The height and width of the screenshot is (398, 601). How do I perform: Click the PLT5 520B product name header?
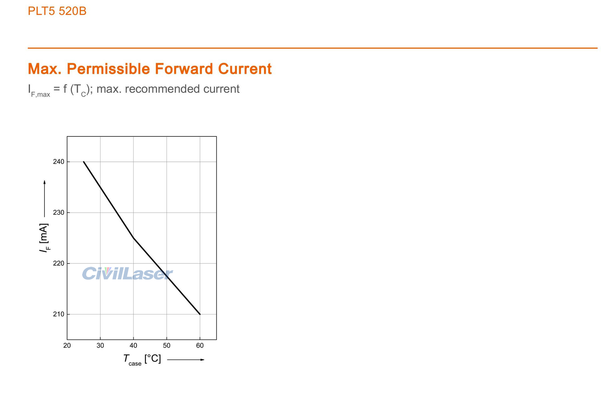click(x=57, y=11)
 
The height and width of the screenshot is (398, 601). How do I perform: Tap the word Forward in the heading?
click(x=185, y=69)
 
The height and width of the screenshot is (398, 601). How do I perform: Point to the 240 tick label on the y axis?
click(x=59, y=162)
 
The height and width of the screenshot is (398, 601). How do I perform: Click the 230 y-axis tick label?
click(x=59, y=212)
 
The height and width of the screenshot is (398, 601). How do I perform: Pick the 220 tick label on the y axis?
click(x=59, y=263)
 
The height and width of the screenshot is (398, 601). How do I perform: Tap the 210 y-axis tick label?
click(x=59, y=314)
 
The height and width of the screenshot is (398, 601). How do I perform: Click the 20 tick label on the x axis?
click(x=67, y=345)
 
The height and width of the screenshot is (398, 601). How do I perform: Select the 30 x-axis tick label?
click(x=100, y=345)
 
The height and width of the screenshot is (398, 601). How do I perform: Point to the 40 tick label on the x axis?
click(x=133, y=345)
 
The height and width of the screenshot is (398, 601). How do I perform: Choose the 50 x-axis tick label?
click(x=167, y=345)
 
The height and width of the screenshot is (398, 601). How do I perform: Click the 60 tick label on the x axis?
click(x=200, y=345)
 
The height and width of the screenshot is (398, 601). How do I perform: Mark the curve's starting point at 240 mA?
click(x=84, y=162)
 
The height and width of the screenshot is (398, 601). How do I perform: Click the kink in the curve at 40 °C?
click(x=134, y=238)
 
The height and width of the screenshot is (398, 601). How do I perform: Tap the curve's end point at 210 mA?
click(x=200, y=314)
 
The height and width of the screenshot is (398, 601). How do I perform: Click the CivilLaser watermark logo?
click(x=127, y=273)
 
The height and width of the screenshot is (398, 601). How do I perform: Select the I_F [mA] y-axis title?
click(x=44, y=238)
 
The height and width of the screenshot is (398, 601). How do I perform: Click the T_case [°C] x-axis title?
click(x=142, y=359)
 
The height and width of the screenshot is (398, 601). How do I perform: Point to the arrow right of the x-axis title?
click(x=186, y=360)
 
